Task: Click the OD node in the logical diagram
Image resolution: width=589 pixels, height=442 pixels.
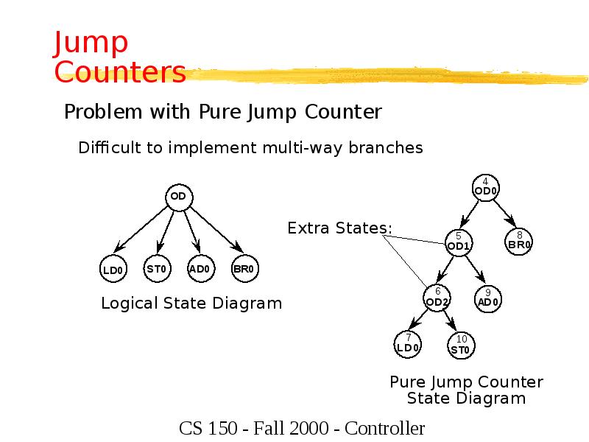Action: coord(177,197)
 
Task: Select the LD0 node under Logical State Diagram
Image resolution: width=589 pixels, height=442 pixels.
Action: coord(113,270)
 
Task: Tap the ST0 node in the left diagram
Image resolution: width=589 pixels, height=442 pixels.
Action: coord(156,269)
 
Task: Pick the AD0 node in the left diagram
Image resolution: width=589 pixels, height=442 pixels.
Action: coord(200,269)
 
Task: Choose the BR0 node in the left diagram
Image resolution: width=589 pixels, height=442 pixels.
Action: coord(244,269)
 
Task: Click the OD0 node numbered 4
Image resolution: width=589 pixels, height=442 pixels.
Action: coord(485,187)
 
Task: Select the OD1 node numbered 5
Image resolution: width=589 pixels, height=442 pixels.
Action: coord(458,242)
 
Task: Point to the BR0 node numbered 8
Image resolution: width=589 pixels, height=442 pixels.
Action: coord(519,241)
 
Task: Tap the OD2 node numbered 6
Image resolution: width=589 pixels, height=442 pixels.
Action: coord(437,298)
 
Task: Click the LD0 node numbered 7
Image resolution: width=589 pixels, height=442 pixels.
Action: coord(408,344)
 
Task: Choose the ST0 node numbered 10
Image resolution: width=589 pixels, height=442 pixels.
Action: coord(461,345)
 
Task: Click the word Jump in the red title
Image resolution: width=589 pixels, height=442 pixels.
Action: coord(91,44)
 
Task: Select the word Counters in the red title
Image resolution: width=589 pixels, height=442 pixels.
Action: coord(120,72)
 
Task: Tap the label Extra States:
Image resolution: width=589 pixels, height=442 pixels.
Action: coord(339,228)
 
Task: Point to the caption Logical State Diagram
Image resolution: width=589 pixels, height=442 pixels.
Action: coord(191,303)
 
